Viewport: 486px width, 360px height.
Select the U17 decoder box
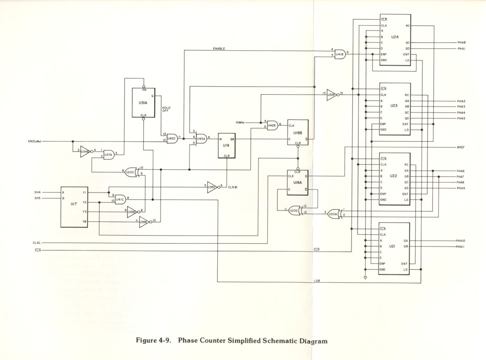(74, 206)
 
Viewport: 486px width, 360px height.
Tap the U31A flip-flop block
(144, 102)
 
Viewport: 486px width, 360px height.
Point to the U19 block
(227, 145)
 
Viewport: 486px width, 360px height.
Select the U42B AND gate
(271, 125)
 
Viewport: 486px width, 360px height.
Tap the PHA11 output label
(460, 247)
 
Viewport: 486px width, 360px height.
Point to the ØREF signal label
(460, 147)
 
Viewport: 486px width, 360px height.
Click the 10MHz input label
(240, 123)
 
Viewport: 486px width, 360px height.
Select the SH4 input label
(38, 193)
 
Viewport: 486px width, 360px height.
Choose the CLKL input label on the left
(37, 242)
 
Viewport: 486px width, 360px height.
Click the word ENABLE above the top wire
(219, 48)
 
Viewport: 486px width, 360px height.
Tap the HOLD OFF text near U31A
(166, 109)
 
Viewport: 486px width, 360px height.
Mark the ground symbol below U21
(365, 277)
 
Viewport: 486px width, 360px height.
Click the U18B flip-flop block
(298, 133)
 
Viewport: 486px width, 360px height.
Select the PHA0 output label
(461, 43)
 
